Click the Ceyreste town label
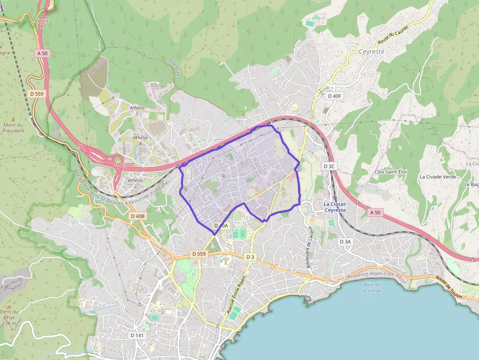[371, 51]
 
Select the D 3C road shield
[329, 167]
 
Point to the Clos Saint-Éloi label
[390, 171]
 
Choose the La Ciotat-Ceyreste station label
[335, 207]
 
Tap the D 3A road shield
[345, 242]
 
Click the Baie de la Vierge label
[372, 287]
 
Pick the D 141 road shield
[137, 336]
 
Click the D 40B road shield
[138, 216]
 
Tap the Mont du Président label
[13, 127]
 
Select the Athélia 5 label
[137, 110]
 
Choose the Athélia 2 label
[135, 183]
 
